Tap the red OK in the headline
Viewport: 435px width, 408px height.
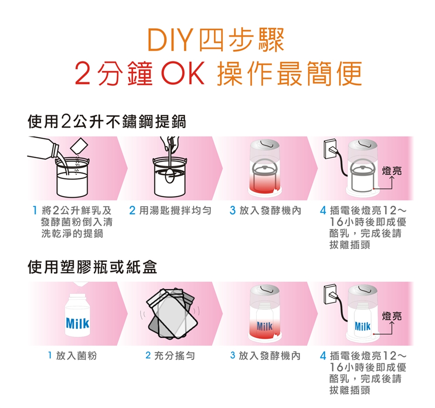point(183,74)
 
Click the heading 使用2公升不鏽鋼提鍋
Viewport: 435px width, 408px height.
point(107,122)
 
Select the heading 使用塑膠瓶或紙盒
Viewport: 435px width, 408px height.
point(92,267)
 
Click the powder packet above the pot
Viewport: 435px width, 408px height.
point(79,146)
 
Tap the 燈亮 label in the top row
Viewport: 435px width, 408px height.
point(391,170)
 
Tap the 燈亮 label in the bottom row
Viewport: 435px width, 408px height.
point(391,316)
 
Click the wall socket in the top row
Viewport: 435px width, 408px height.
point(330,149)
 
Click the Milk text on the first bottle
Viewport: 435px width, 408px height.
point(77,323)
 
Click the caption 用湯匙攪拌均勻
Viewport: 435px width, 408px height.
point(175,211)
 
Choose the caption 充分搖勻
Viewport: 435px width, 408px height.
point(174,355)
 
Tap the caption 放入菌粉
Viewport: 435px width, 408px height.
point(76,355)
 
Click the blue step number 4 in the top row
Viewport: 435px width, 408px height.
point(323,211)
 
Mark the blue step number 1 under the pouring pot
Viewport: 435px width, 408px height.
point(35,211)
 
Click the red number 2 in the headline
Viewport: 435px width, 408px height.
point(82,74)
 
